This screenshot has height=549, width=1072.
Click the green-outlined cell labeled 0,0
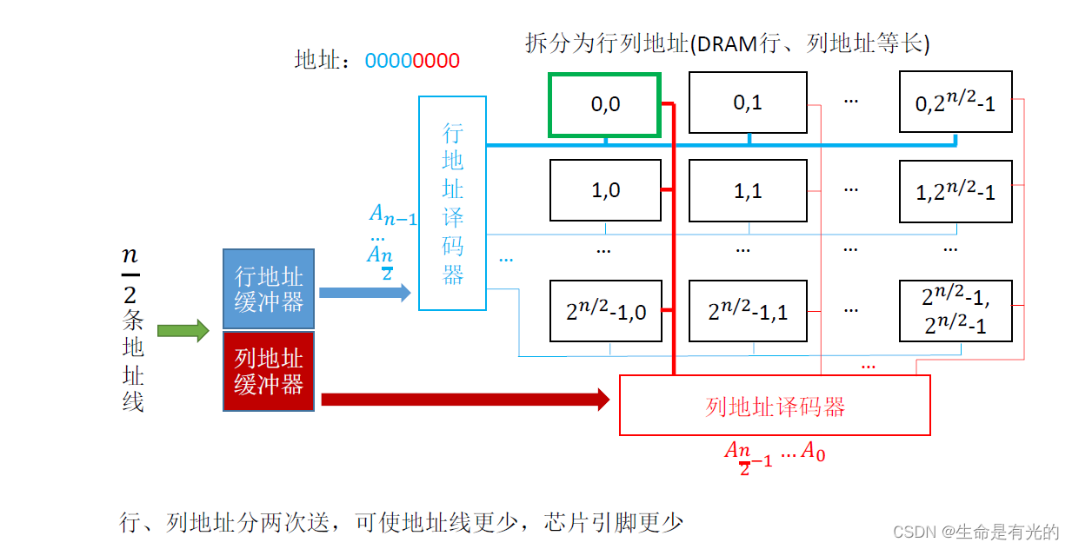605,105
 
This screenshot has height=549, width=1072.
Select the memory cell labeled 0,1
748,103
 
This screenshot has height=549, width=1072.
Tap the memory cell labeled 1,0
605,190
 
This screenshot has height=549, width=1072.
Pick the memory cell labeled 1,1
748,190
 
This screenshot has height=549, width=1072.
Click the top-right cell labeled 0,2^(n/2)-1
955,103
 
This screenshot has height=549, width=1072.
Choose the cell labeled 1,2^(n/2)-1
955,190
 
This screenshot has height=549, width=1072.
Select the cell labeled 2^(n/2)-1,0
605,311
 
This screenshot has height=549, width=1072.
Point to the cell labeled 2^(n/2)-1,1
748,311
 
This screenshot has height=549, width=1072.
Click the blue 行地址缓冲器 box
269,289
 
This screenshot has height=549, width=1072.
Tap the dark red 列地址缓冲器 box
269,371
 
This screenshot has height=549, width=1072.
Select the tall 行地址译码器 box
452,203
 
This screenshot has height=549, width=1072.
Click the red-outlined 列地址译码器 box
775,406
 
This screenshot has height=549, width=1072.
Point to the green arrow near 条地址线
183,331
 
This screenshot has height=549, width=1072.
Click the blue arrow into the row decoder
364,293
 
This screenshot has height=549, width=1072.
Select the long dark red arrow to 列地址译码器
465,400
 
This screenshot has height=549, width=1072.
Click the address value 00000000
412,61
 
